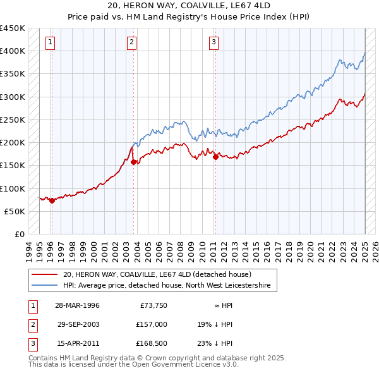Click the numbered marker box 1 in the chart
coord(49,42)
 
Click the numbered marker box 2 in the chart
coord(131,42)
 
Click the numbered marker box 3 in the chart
coord(214,42)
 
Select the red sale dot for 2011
coord(215,157)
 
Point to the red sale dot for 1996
coord(52,200)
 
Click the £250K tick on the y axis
coord(13,119)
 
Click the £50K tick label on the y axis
coord(15,211)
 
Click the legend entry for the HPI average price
coord(167,286)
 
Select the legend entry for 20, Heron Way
coord(157,275)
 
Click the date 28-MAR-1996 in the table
coord(77,305)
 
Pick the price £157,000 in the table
coord(152,324)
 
